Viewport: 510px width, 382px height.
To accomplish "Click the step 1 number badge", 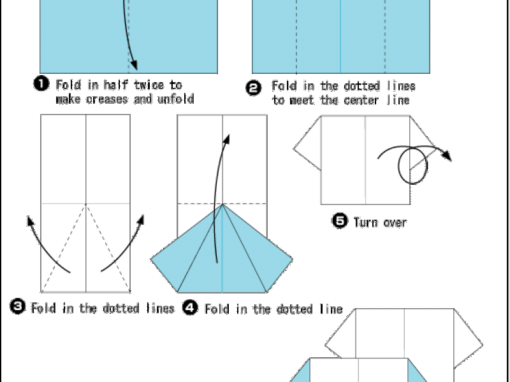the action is tap(41, 84).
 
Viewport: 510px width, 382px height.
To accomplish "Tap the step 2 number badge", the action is tap(253, 88).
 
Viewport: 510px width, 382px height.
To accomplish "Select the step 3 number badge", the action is tap(18, 307).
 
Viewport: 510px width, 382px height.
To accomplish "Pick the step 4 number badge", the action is tap(190, 308).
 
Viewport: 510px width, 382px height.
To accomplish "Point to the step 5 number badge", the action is tap(340, 220).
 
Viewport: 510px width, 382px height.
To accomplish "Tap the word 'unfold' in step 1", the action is tap(176, 99).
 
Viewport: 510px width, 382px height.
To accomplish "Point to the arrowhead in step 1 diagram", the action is tap(134, 65).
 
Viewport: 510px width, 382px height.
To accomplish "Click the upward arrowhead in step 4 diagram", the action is tap(226, 139).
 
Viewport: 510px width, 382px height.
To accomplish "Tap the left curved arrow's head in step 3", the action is tap(31, 221).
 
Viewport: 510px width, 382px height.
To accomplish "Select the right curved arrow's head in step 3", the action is tap(140, 220).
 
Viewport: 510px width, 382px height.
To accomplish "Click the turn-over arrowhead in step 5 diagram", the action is tap(447, 155).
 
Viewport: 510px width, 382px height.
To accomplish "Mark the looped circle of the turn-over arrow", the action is tap(399, 166).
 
